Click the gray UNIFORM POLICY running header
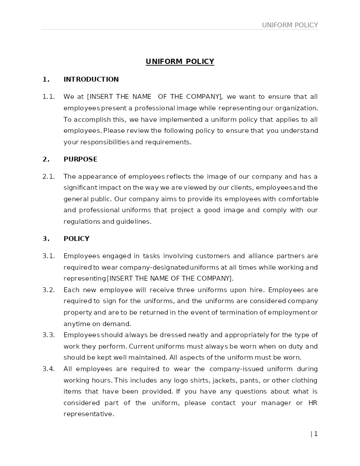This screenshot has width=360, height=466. click(290, 25)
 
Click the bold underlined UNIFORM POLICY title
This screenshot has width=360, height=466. click(180, 62)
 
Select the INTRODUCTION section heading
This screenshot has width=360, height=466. click(91, 79)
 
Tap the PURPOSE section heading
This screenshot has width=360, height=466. click(80, 159)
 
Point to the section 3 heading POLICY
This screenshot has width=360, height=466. click(76, 239)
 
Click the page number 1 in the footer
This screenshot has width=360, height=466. click(316, 434)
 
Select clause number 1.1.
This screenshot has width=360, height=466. click(49, 97)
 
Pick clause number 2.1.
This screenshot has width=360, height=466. click(49, 177)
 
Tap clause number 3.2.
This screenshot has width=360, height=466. click(49, 290)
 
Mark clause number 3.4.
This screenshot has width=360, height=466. click(49, 369)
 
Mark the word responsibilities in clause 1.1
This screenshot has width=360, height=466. click(105, 142)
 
